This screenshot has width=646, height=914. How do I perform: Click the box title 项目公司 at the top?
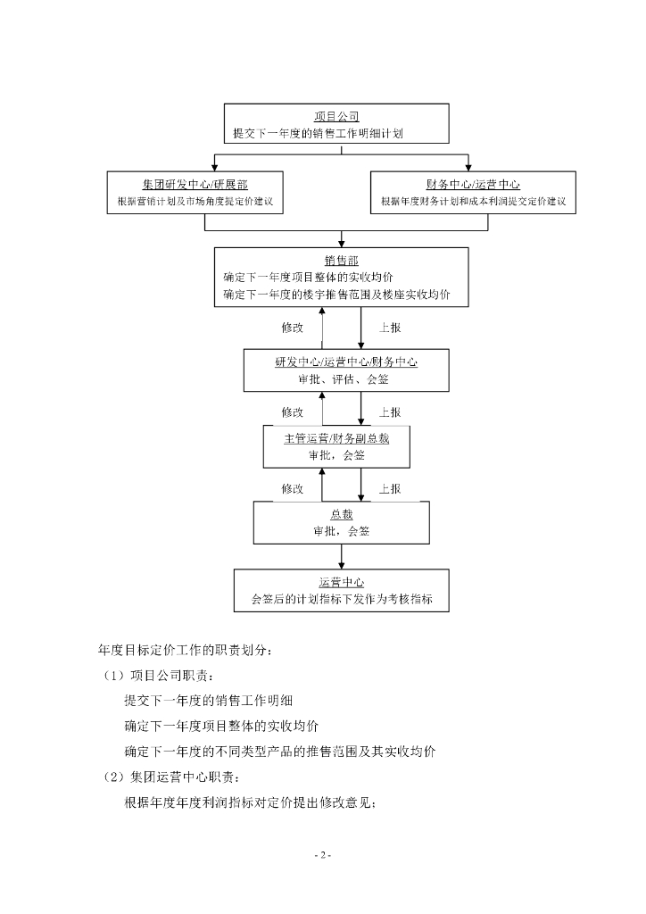tap(336, 116)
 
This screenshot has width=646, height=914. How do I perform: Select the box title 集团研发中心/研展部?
tap(195, 185)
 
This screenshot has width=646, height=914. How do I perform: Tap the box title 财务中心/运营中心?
tap(473, 185)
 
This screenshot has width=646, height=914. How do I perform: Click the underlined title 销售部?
tap(341, 260)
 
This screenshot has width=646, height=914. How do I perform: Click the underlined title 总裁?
tap(342, 514)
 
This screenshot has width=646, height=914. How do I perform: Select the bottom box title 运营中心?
tap(341, 583)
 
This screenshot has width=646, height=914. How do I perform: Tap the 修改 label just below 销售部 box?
tap(293, 328)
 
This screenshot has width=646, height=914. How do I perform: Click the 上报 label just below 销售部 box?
tap(390, 328)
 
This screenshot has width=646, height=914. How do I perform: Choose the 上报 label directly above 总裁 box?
tap(390, 488)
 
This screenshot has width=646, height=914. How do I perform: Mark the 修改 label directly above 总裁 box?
tap(293, 488)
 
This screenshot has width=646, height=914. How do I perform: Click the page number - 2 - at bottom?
tap(323, 855)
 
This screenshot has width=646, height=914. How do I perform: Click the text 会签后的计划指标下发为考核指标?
tap(342, 601)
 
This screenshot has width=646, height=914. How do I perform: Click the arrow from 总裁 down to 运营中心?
tap(342, 556)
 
